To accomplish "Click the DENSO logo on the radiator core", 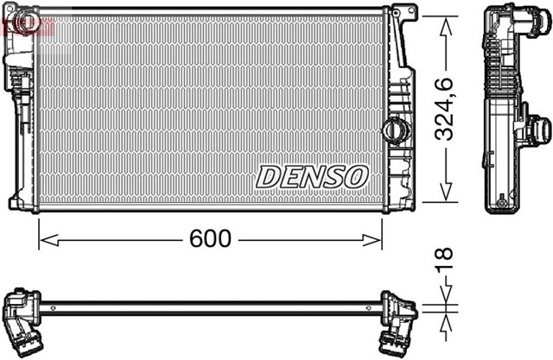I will (x=312, y=176).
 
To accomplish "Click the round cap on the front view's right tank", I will (x=393, y=130).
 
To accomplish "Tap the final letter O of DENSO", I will (x=357, y=176).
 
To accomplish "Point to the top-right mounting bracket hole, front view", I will (x=399, y=11).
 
